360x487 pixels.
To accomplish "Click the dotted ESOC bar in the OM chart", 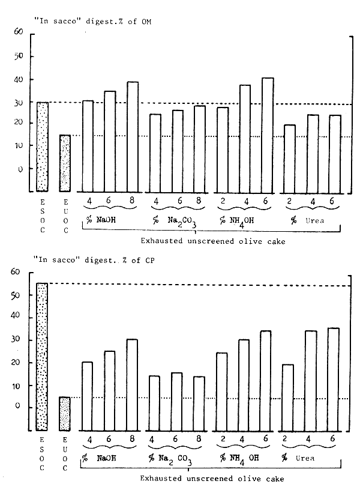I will [42, 147].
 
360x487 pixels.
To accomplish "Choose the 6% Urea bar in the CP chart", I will [332, 379].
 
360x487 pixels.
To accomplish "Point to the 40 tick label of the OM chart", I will [18, 80].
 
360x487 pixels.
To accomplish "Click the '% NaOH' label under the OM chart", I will [101, 220].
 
